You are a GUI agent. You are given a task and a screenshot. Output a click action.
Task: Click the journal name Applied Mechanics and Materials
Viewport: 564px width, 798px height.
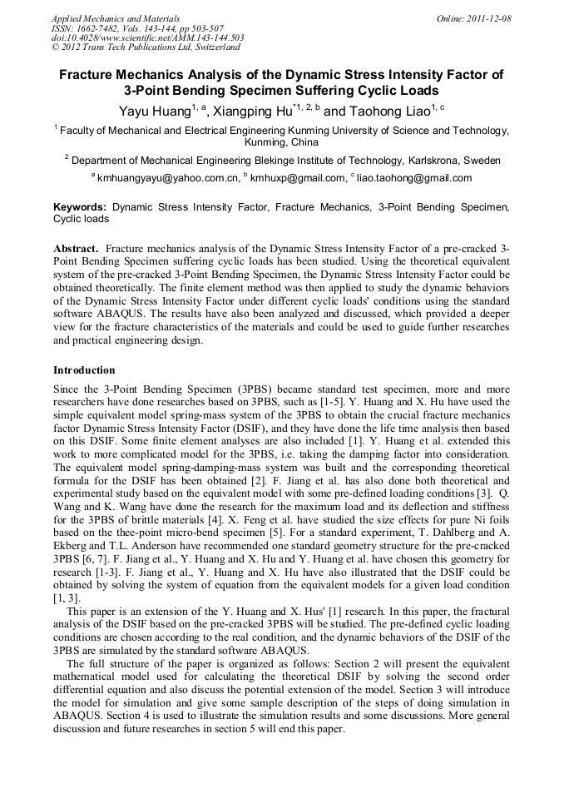pyautogui.click(x=115, y=17)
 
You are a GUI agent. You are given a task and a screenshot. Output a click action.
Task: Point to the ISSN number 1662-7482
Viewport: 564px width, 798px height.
pyautogui.click(x=104, y=27)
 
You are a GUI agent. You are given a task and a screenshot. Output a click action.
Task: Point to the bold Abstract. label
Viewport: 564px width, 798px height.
pyautogui.click(x=77, y=249)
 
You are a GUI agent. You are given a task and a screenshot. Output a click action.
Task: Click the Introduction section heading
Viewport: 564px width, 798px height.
pyautogui.click(x=84, y=370)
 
